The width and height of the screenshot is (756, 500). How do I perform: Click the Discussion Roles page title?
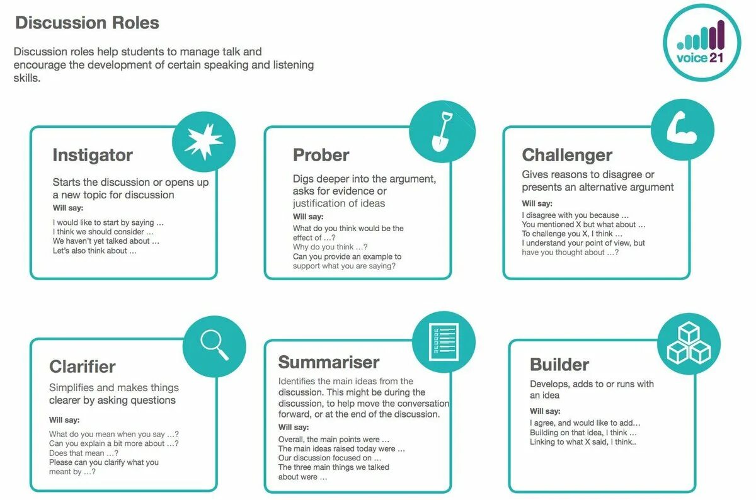coord(87,23)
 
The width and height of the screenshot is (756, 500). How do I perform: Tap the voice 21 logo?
coord(702,42)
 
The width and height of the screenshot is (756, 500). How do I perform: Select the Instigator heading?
coord(93,155)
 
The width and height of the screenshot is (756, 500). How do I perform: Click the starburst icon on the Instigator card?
coord(203,142)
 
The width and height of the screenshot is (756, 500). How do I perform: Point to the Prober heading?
coord(321,155)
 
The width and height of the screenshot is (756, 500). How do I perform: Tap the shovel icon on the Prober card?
coord(442,131)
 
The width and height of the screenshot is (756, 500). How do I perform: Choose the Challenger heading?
coord(567,155)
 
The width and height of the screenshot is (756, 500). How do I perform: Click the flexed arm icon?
coord(682,128)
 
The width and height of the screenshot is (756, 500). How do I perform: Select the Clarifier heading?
coord(83,366)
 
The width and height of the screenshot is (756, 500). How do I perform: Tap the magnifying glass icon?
coord(214,345)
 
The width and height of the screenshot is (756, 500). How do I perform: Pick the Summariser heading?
coord(329,362)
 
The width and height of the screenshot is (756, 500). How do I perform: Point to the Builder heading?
coord(559,365)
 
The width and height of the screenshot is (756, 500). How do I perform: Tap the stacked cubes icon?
coord(688,343)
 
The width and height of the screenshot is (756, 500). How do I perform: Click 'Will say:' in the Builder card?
coord(546,411)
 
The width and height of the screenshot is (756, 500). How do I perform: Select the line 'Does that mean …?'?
coord(84,453)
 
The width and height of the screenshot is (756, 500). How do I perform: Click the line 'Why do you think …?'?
coord(330,247)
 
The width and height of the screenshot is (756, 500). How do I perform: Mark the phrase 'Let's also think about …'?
coord(94,251)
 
